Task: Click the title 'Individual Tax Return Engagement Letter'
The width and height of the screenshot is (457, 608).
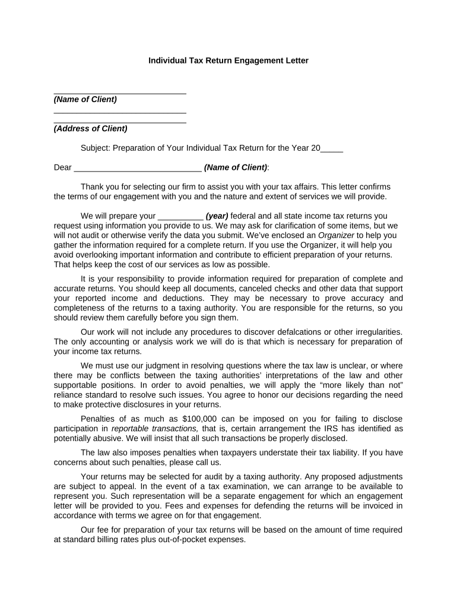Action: tap(228, 61)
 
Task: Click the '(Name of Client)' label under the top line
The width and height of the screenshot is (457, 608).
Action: tap(85, 99)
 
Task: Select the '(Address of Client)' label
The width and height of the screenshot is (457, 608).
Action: tap(90, 128)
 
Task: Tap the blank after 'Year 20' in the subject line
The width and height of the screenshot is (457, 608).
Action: tap(332, 148)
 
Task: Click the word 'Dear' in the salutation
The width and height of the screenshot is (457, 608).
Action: tap(63, 167)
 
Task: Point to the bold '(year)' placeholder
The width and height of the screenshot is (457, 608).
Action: tap(217, 216)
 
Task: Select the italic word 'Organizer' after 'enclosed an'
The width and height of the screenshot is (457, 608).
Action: tap(336, 236)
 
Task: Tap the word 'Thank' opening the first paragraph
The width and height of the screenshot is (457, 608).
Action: tap(92, 186)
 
